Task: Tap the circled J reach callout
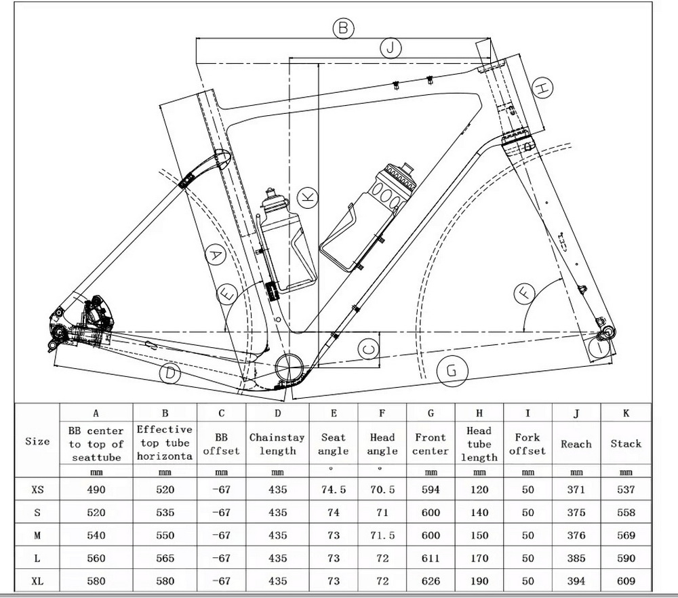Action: tap(391, 48)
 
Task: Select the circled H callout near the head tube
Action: tap(542, 87)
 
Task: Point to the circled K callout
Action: tap(308, 197)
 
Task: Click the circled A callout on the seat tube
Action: tap(215, 256)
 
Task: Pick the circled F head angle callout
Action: tap(525, 293)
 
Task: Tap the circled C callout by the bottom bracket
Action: tap(367, 350)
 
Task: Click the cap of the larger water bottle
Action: tap(405, 167)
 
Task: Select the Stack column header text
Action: tap(625, 444)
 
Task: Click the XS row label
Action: tap(37, 490)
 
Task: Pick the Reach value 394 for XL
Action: tap(576, 581)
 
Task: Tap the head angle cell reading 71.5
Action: tap(382, 536)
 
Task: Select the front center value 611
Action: tap(431, 558)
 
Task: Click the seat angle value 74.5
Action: tap(334, 490)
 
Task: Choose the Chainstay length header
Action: tap(277, 444)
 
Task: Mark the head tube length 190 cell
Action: tap(479, 581)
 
